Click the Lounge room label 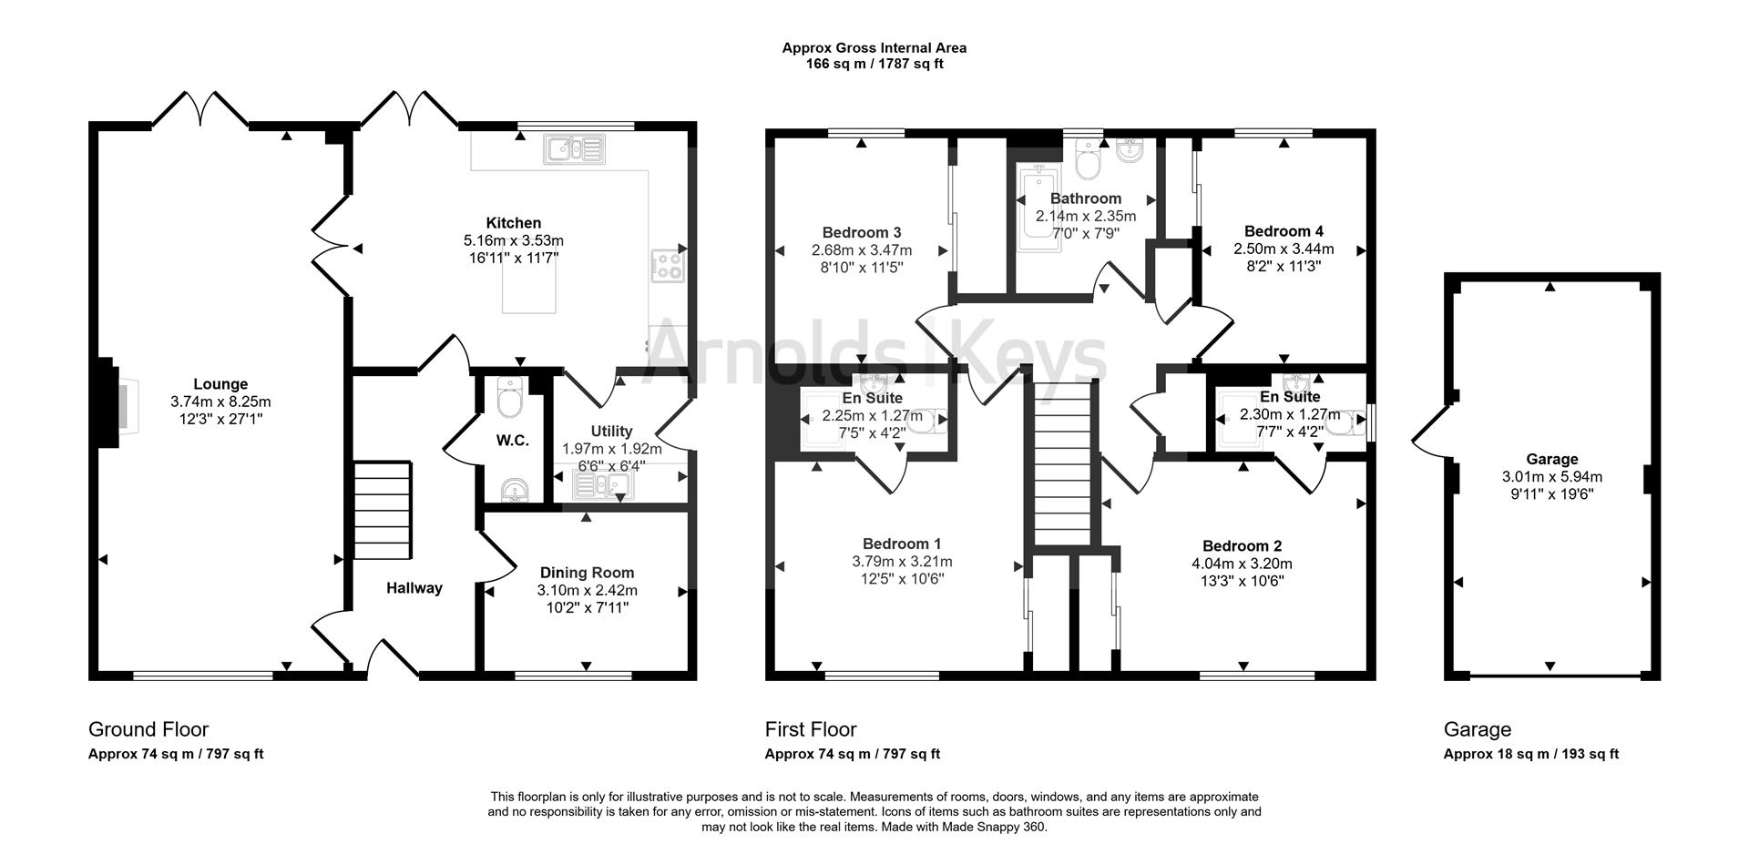pos(220,384)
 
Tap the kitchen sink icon pos(575,148)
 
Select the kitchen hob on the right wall pos(667,265)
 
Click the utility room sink pos(603,488)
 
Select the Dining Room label pos(587,573)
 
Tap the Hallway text pos(414,588)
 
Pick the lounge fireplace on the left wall pos(109,402)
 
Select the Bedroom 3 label pos(861,232)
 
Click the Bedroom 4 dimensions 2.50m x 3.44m pos(1284,249)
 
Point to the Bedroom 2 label pos(1242,546)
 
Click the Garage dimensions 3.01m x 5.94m pos(1551,476)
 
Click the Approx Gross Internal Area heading pos(874,48)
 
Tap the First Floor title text pos(811,729)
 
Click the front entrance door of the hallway pos(394,657)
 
